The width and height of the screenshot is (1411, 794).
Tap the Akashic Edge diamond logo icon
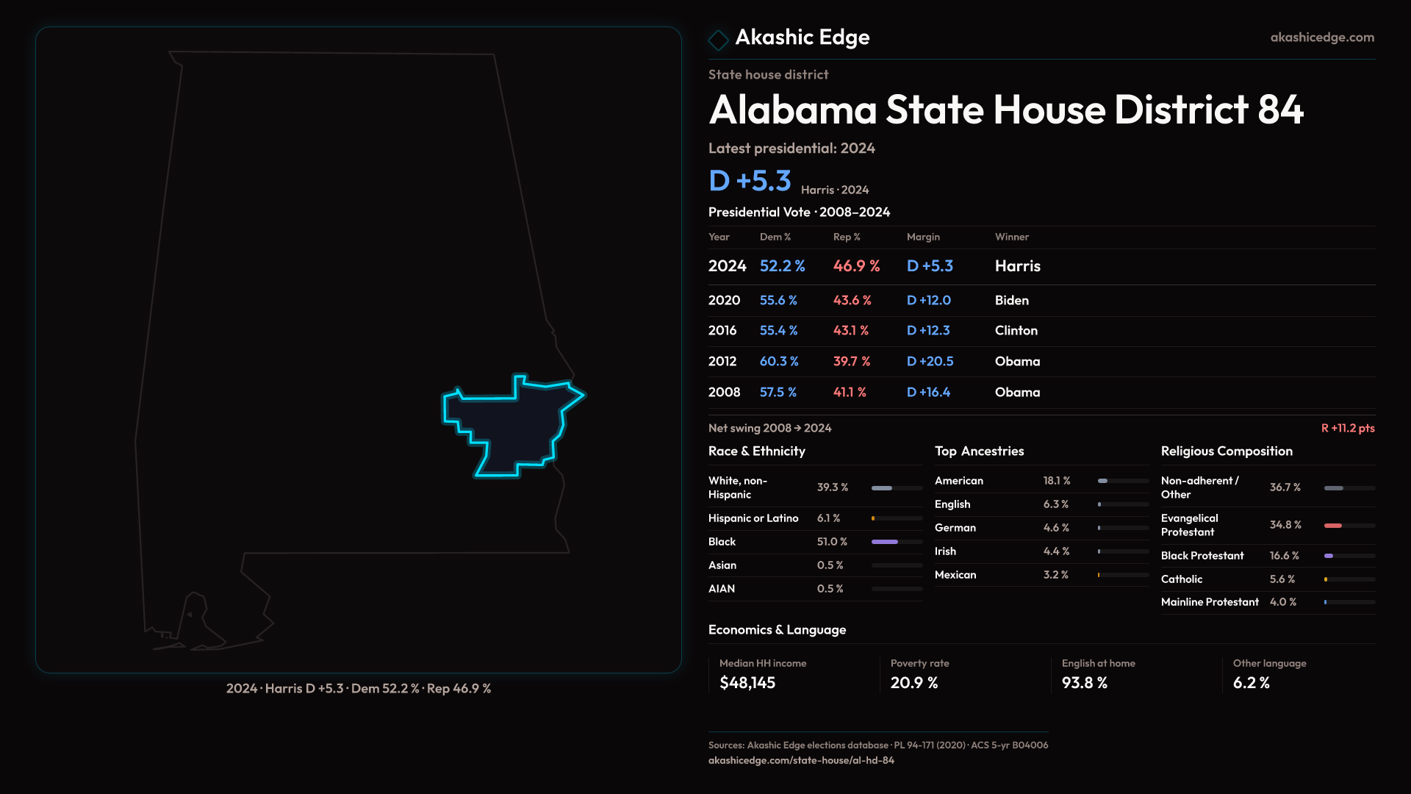point(718,40)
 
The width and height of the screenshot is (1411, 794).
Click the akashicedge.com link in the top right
point(1322,37)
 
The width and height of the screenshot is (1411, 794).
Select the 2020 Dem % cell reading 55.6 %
point(778,301)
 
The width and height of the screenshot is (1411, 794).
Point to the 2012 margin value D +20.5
point(930,362)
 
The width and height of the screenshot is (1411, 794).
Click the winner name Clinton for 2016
point(1016,331)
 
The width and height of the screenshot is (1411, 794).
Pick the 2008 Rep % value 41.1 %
point(850,393)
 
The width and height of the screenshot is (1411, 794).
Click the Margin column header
point(923,237)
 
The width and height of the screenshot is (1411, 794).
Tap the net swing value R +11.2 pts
point(1347,429)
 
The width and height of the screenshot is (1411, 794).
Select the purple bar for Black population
point(885,542)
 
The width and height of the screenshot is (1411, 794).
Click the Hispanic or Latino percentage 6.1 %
point(828,518)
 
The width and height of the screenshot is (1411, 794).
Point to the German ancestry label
point(955,528)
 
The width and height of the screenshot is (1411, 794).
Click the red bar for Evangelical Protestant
point(1333,526)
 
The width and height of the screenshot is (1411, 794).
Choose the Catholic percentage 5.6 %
point(1282,579)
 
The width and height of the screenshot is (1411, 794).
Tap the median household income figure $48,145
point(747,683)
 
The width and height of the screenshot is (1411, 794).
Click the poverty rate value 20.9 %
point(914,683)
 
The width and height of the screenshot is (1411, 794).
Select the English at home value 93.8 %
point(1084,683)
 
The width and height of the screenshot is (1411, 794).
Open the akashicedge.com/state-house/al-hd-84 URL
point(801,761)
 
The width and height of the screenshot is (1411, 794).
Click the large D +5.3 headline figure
point(750,181)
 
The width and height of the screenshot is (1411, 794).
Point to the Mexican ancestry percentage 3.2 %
point(1055,575)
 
